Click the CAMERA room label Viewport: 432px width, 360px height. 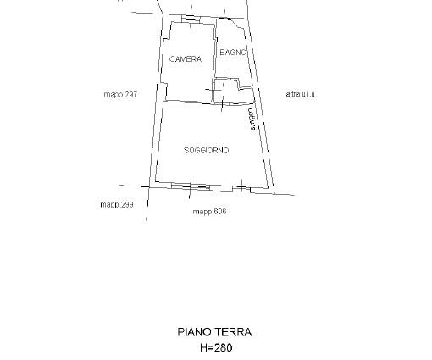click(x=186, y=59)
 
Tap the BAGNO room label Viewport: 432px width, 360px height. click(x=233, y=53)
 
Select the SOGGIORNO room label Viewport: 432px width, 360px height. click(x=206, y=150)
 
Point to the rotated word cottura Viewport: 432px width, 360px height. click(x=252, y=119)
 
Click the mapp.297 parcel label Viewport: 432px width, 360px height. click(x=120, y=94)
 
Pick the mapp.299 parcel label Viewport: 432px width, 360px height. click(x=117, y=204)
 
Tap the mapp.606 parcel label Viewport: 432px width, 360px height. click(x=209, y=212)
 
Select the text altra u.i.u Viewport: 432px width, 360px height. click(x=300, y=94)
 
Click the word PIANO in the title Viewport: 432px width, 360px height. click(x=195, y=332)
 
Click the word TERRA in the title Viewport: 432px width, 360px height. click(x=234, y=332)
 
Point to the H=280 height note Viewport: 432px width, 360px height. click(x=216, y=347)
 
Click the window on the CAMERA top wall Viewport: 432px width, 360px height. click(x=191, y=19)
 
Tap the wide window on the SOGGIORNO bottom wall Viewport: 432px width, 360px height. click(x=191, y=186)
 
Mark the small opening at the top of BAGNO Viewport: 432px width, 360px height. click(x=224, y=19)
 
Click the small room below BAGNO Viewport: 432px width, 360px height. click(x=233, y=91)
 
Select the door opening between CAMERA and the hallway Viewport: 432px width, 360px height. click(x=213, y=90)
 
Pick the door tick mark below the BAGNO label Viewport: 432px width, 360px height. click(x=224, y=78)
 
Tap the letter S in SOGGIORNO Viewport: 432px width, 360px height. click(x=186, y=150)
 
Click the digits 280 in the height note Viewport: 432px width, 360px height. click(x=224, y=347)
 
